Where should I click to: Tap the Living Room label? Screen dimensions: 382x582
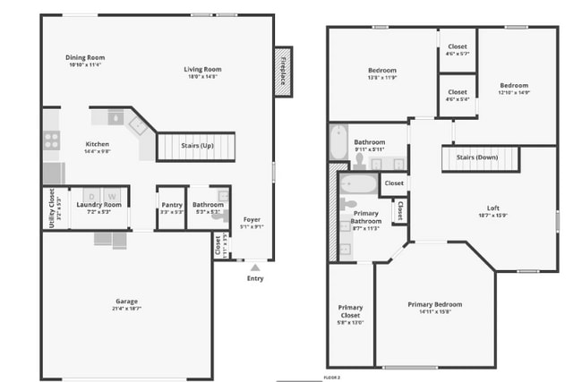(x=202, y=70)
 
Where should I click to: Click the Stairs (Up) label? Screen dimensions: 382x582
(x=197, y=145)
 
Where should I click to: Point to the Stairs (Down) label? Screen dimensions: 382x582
(x=476, y=157)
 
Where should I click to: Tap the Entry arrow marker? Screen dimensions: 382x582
(x=255, y=267)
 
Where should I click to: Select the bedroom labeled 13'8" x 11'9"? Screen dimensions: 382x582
(x=382, y=71)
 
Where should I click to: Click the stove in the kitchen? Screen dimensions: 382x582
(x=52, y=140)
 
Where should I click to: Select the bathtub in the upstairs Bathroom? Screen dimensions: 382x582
(x=337, y=142)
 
